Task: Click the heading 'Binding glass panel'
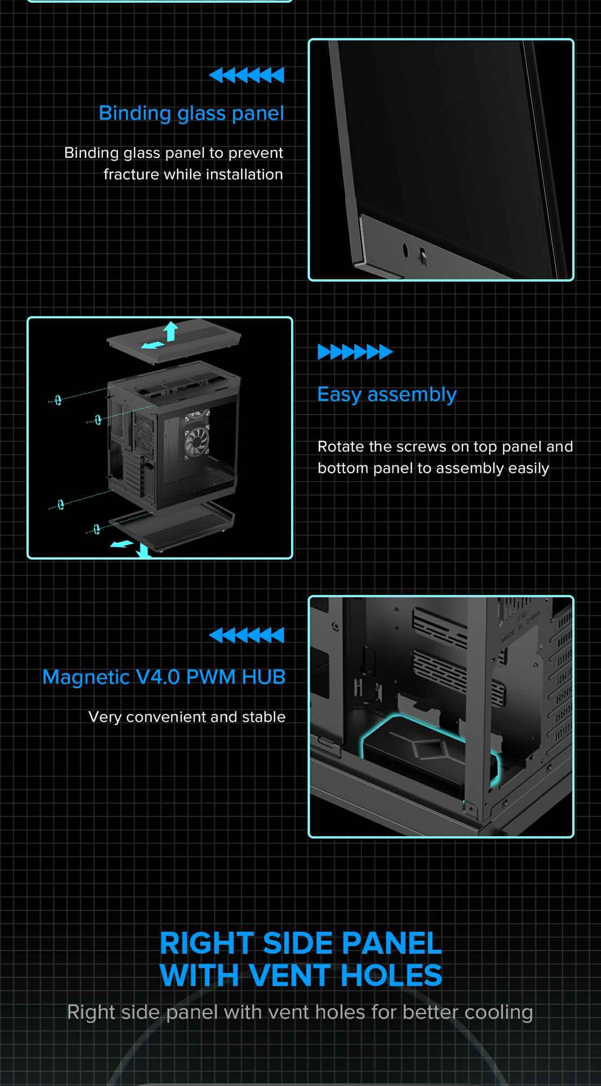[192, 113]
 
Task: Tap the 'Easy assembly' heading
[387, 395]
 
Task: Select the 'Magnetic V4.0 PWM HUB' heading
[164, 677]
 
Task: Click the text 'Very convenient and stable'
[187, 717]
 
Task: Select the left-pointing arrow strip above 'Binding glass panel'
[247, 75]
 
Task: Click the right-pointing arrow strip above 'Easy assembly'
[355, 352]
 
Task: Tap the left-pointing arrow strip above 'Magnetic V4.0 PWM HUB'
[247, 635]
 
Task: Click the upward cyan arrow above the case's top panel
[170, 332]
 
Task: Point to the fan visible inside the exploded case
[196, 440]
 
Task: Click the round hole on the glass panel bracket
[405, 250]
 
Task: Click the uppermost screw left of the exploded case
[55, 400]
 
